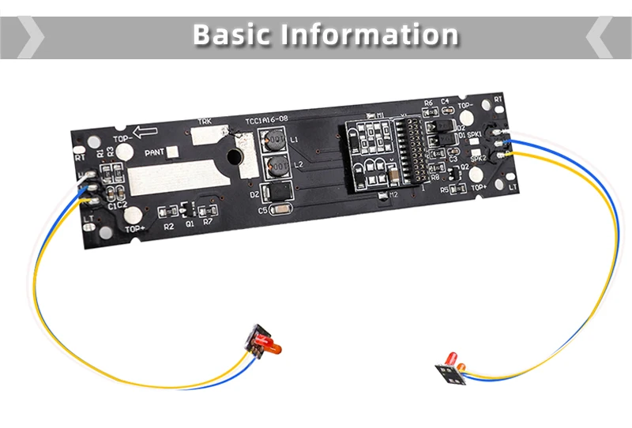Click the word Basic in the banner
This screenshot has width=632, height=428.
click(230, 36)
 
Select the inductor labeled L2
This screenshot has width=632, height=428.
click(276, 167)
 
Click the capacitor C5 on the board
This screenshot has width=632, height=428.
click(280, 210)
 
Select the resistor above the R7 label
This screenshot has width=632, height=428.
click(209, 211)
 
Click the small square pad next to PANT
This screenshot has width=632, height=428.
click(174, 152)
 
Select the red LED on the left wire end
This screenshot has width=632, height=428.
click(268, 345)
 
